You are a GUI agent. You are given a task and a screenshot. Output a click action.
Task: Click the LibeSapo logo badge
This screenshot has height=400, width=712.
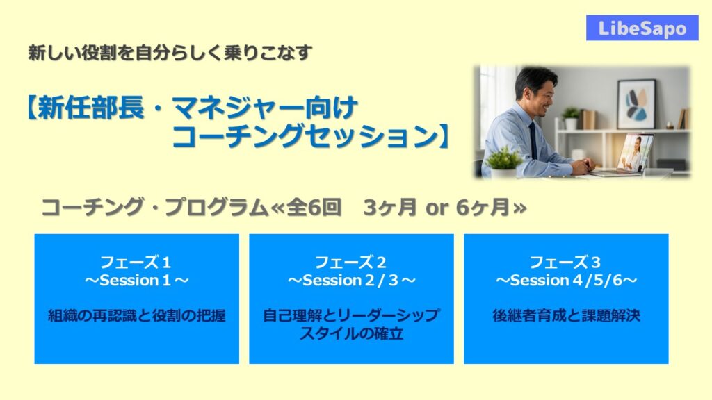pyautogui.click(x=642, y=28)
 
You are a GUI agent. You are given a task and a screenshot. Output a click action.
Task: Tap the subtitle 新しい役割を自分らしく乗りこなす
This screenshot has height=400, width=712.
pyautogui.click(x=170, y=53)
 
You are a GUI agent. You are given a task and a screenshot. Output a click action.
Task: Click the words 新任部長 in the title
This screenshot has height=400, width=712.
pyautogui.click(x=91, y=108)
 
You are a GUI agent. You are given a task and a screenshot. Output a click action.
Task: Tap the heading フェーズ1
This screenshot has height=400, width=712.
pyautogui.click(x=136, y=262)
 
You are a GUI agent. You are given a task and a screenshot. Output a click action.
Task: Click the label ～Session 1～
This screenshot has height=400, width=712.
pyautogui.click(x=136, y=281)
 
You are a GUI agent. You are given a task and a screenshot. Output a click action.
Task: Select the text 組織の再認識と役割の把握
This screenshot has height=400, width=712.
pyautogui.click(x=137, y=315)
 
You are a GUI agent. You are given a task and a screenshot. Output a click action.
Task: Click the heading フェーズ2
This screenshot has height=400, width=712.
pyautogui.click(x=350, y=262)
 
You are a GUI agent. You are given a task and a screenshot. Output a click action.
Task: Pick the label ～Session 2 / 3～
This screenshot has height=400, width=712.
pyautogui.click(x=351, y=281)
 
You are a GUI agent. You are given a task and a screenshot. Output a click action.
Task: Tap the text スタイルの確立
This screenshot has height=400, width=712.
pyautogui.click(x=351, y=334)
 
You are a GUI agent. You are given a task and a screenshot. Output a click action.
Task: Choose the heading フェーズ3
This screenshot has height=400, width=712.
pyautogui.click(x=565, y=262)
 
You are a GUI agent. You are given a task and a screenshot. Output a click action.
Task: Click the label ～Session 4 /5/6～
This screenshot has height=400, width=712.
pyautogui.click(x=566, y=281)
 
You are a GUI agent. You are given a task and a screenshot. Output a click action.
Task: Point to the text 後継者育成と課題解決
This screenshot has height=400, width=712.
pyautogui.click(x=566, y=315)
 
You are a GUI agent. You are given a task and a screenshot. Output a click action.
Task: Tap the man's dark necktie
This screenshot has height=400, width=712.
pyautogui.click(x=533, y=140)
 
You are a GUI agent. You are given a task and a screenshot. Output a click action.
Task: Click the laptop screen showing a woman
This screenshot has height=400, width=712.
pyautogui.click(x=635, y=153)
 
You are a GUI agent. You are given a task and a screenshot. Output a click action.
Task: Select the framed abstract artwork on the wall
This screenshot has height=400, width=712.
pyautogui.click(x=636, y=104)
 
